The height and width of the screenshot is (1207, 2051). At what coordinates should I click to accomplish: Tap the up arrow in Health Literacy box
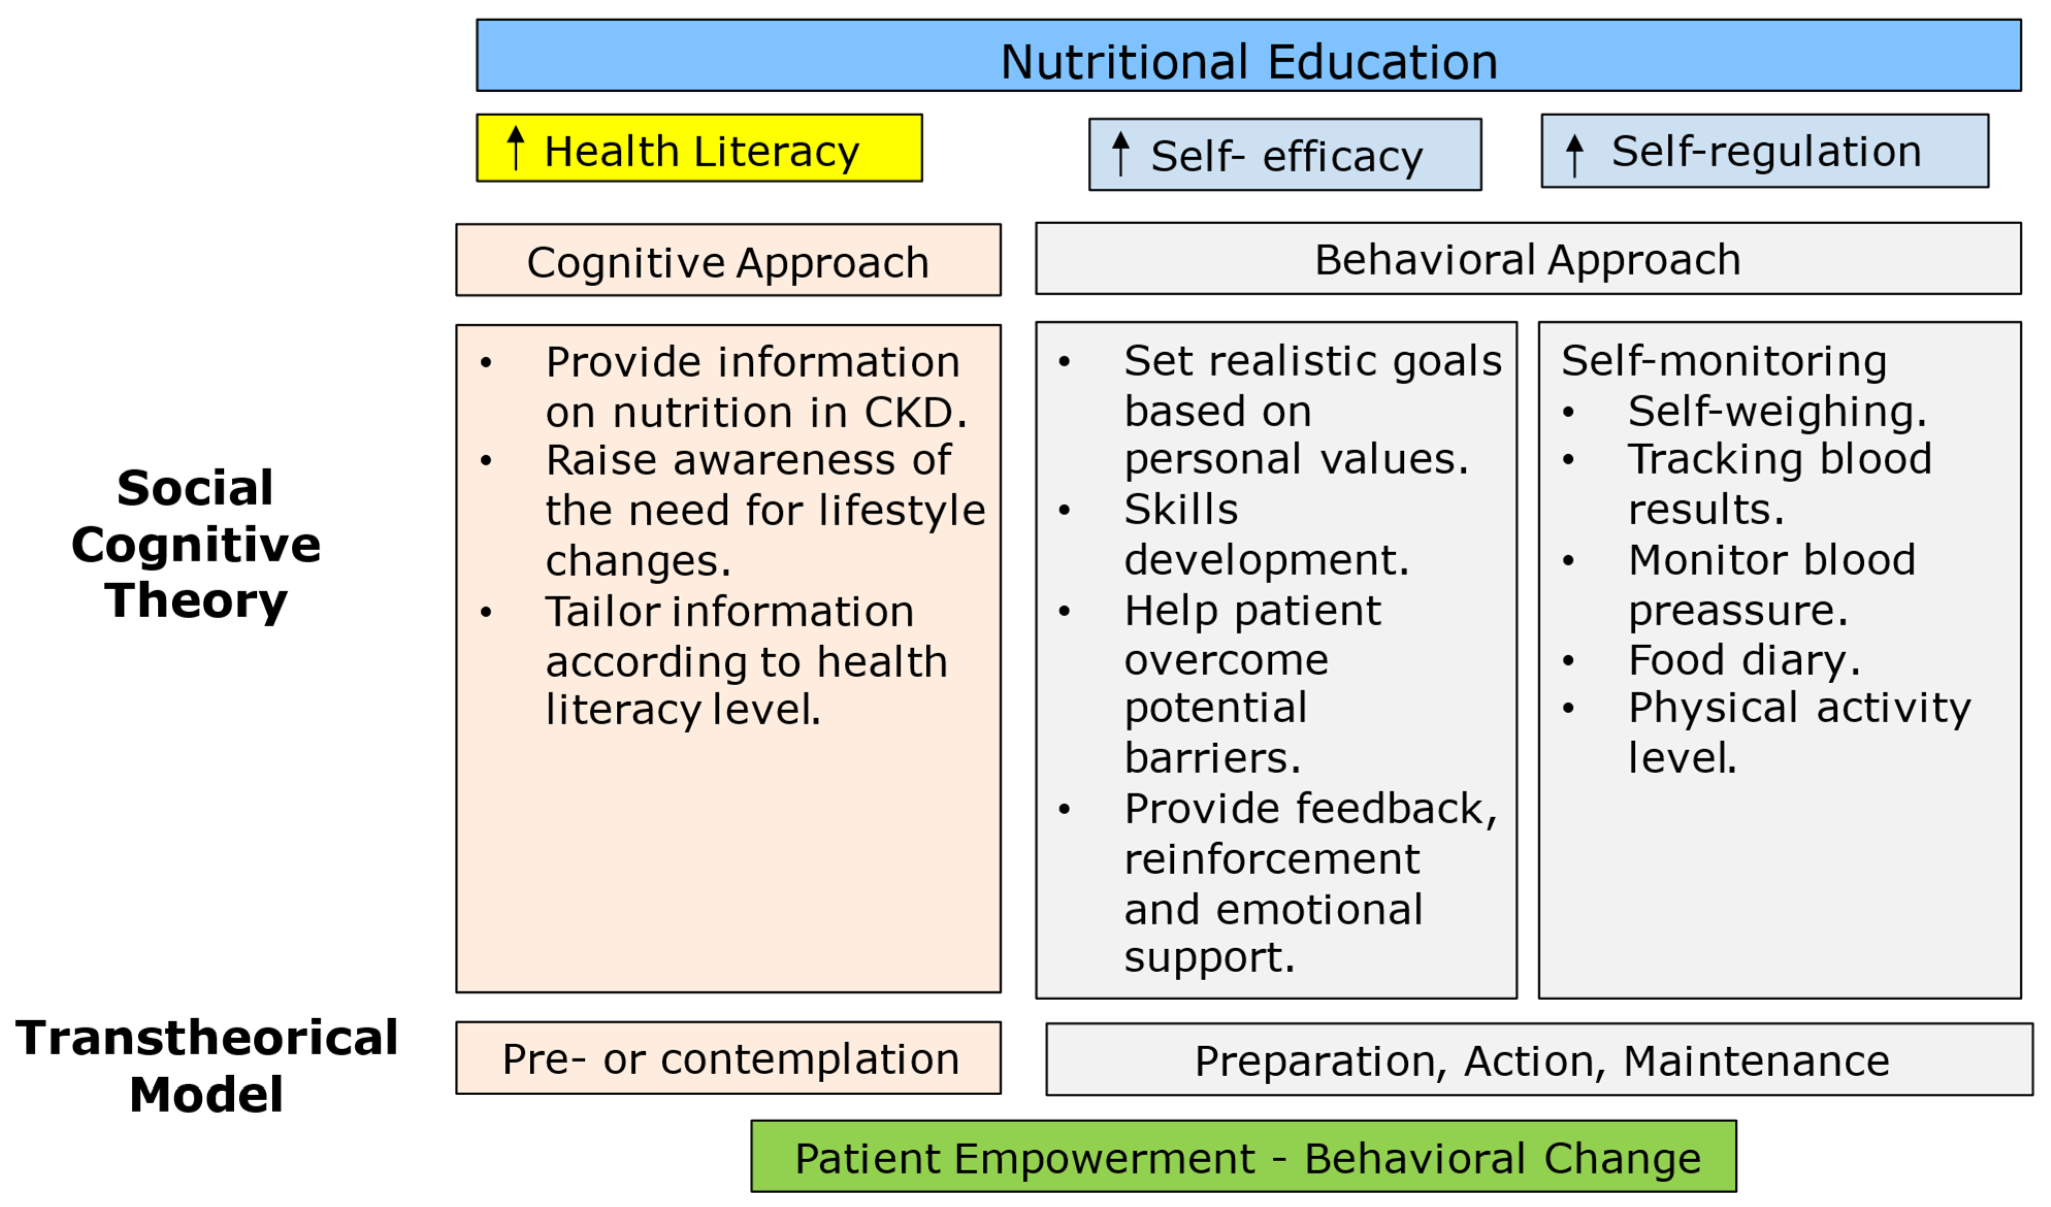pos(515,147)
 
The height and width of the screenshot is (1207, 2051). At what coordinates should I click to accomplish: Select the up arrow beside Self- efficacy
pos(1121,153)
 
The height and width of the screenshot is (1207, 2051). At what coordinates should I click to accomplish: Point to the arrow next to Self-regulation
pos(1575,155)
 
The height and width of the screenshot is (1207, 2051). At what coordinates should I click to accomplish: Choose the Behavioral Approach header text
pos(1528,260)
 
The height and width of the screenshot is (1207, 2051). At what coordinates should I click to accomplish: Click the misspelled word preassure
pos(1737,611)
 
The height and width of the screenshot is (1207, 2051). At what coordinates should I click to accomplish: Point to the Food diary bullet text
pos(1743,660)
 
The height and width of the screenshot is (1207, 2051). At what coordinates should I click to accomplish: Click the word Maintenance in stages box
pos(1757,1061)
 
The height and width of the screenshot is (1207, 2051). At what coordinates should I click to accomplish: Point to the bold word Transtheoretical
pos(207,1038)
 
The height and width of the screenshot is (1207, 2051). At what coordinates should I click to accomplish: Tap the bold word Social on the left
pos(195,488)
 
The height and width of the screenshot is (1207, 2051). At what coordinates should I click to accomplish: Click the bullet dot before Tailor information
pos(486,612)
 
